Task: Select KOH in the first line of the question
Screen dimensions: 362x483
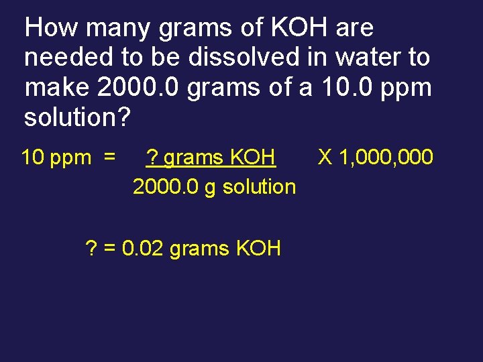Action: (292, 28)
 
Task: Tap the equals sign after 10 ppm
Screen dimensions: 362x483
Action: (109, 158)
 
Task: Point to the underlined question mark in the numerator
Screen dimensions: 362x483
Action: (152, 158)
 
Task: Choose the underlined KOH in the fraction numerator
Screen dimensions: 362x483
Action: (253, 158)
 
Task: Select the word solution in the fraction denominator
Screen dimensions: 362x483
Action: (259, 186)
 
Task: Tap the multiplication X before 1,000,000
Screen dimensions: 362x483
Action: (325, 158)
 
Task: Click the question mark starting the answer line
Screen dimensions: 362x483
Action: (92, 249)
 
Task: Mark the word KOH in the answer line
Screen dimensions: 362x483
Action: (258, 249)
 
